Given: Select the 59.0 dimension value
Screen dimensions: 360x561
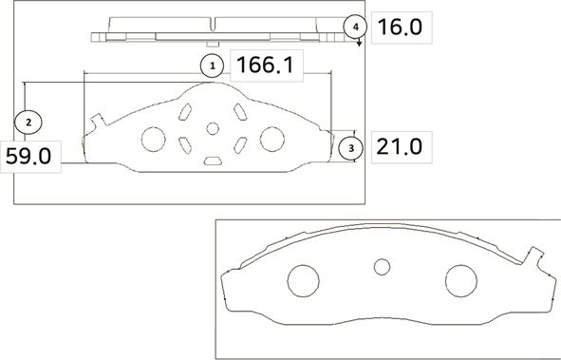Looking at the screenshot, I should point(32,156).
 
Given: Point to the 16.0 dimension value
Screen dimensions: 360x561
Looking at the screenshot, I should point(400,27).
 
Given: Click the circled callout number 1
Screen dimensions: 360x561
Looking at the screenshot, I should point(211,66).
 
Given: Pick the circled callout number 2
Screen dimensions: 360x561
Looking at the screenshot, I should point(29,122).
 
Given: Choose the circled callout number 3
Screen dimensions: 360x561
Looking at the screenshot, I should point(351,148).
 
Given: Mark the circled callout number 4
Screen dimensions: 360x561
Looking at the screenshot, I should point(355,27).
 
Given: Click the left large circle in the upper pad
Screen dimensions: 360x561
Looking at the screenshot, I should point(152,139).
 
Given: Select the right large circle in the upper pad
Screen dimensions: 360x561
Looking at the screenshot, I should point(271,139).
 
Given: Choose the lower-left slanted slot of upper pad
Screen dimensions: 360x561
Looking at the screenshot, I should point(184,144).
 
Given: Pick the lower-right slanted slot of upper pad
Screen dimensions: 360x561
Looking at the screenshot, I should point(239,144).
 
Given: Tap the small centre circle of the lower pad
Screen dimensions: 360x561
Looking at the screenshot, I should point(382,267).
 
